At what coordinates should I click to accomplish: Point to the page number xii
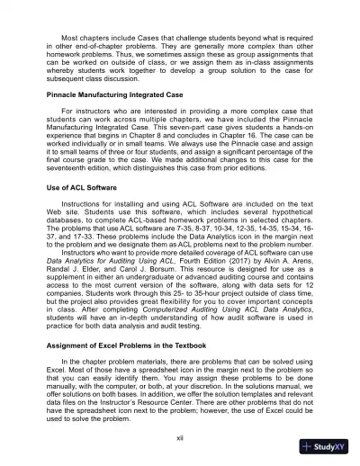tap(180, 436)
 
